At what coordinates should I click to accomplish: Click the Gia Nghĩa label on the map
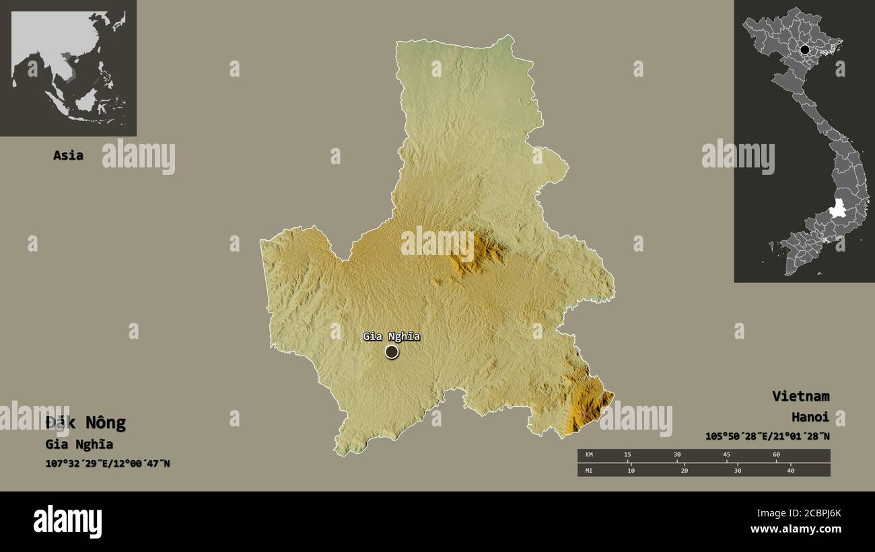click(391, 336)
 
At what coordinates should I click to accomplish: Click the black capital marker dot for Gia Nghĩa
click(392, 352)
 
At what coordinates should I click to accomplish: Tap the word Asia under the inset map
click(68, 155)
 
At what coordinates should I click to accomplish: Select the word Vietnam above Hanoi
click(800, 396)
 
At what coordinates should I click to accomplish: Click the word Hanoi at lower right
click(810, 417)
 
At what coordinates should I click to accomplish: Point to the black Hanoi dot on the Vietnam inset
click(804, 49)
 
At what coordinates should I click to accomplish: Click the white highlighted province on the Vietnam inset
click(837, 209)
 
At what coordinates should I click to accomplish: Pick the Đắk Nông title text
click(85, 423)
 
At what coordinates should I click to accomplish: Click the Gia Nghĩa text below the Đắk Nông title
click(79, 444)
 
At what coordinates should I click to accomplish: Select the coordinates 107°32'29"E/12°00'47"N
click(108, 463)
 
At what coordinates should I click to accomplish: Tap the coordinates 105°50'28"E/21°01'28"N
click(767, 436)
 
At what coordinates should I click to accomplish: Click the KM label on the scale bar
click(589, 455)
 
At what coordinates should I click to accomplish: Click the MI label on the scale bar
click(589, 470)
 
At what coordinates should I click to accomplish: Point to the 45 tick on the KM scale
click(726, 455)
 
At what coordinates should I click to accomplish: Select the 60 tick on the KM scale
click(776, 455)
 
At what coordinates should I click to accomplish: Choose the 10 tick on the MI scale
click(631, 470)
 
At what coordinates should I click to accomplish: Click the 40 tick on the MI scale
click(790, 470)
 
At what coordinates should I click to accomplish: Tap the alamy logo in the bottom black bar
click(67, 522)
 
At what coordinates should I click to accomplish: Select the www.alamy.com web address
click(796, 529)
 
